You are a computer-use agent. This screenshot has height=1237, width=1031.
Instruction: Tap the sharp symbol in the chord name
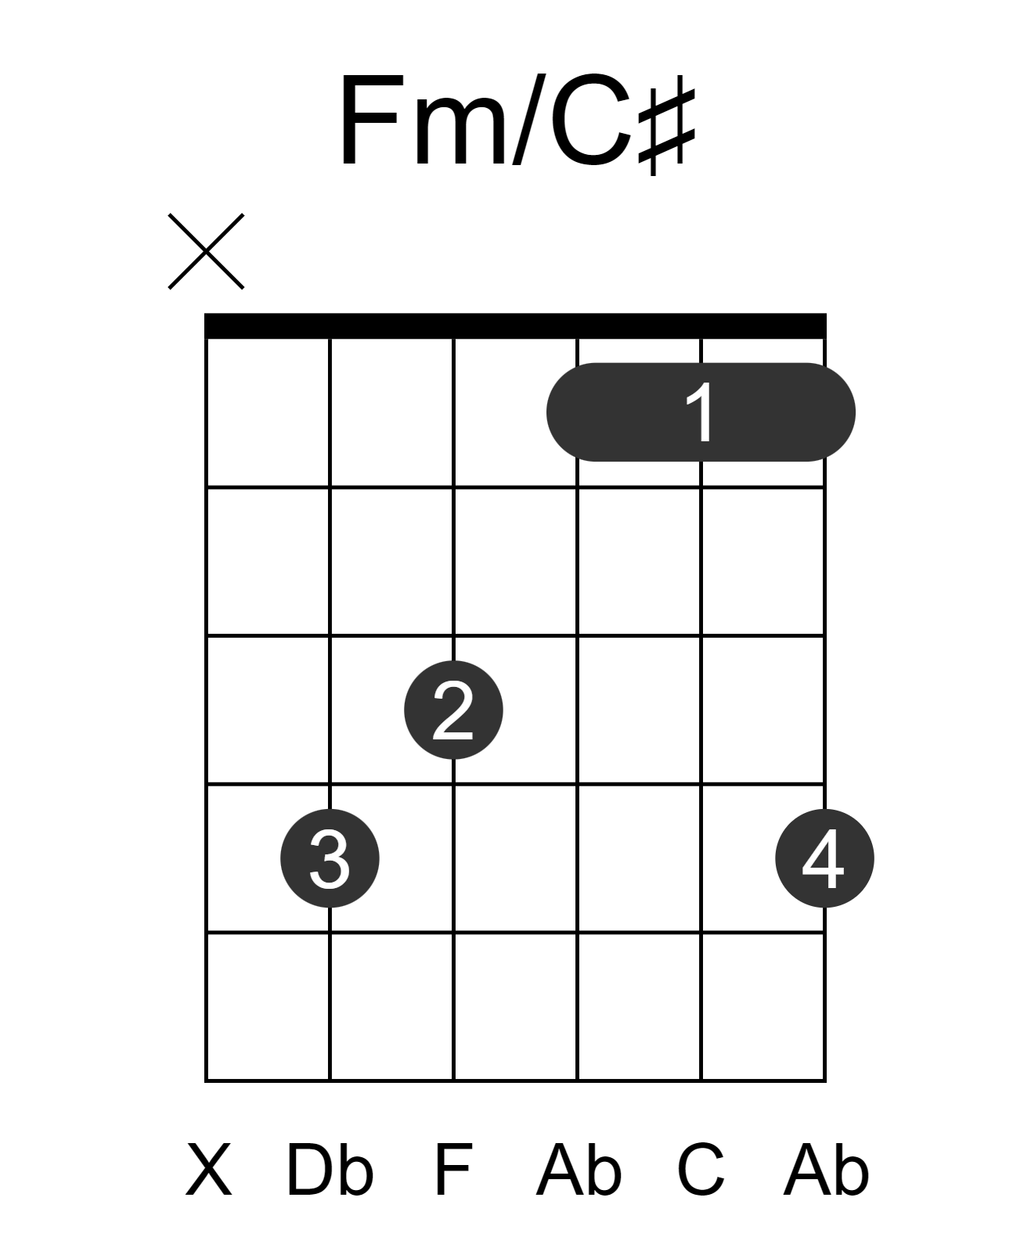click(x=665, y=125)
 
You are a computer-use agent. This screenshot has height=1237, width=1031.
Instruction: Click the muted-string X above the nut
click(x=206, y=251)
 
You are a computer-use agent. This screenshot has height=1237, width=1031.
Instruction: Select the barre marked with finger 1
click(x=700, y=412)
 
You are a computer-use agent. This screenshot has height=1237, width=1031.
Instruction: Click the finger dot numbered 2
click(x=453, y=710)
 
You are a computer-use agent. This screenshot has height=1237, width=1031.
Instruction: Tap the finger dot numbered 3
click(x=330, y=858)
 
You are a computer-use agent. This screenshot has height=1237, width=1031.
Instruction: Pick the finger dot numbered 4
click(x=824, y=858)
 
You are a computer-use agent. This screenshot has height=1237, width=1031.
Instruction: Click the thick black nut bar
click(x=515, y=325)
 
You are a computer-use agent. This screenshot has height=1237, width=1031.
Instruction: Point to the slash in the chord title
click(x=529, y=119)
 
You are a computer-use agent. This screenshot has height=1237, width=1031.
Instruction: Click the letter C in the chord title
click(x=591, y=119)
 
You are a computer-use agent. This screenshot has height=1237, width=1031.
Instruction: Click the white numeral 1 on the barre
click(x=700, y=412)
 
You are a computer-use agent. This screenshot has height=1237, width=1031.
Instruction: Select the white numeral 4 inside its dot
click(x=823, y=858)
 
